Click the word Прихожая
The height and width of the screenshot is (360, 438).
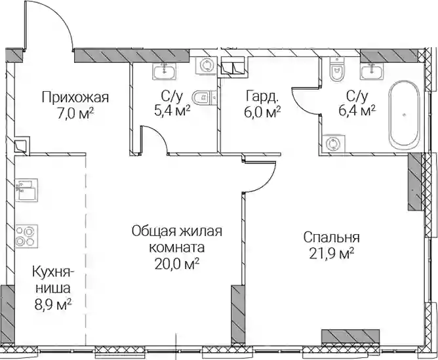click(x=75, y=98)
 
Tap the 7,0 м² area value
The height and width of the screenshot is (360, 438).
click(x=75, y=114)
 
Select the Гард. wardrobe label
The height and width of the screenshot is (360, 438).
click(x=262, y=96)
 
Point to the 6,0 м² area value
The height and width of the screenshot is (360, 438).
click(x=262, y=111)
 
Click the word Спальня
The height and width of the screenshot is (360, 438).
click(x=332, y=237)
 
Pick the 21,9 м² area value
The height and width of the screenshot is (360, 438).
click(x=332, y=254)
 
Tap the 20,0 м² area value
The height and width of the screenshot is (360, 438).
click(x=177, y=264)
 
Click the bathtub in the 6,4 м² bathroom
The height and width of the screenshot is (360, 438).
click(x=404, y=113)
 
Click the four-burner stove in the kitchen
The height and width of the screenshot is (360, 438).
click(x=27, y=236)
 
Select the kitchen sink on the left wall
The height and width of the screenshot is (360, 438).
click(x=27, y=190)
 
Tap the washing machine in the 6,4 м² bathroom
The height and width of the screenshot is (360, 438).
click(x=334, y=144)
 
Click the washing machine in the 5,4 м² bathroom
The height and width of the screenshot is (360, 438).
click(x=207, y=66)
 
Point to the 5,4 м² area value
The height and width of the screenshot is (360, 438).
click(x=172, y=111)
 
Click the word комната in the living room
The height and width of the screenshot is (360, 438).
click(x=177, y=247)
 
